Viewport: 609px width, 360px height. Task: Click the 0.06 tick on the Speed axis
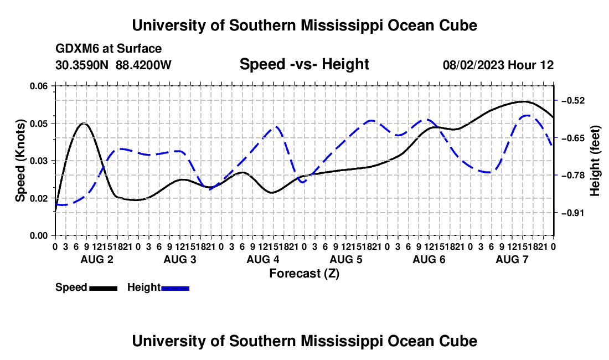39,86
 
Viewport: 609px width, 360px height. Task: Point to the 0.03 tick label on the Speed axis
39,161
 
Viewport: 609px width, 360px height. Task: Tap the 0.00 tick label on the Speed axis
39,235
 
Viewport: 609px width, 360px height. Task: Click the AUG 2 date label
97,259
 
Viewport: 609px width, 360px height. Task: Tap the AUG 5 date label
346,259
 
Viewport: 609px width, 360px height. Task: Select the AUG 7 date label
512,259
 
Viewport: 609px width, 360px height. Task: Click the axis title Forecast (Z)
304,274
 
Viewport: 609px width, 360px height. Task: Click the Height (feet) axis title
595,161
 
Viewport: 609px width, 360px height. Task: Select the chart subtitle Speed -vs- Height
304,64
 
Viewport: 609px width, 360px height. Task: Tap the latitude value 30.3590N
82,65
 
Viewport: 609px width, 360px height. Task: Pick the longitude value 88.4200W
143,65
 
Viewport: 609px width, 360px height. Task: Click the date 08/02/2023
474,65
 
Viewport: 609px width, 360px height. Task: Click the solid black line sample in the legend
104,288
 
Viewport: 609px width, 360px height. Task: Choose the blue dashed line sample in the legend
175,288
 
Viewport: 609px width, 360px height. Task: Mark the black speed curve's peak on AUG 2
84,123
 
